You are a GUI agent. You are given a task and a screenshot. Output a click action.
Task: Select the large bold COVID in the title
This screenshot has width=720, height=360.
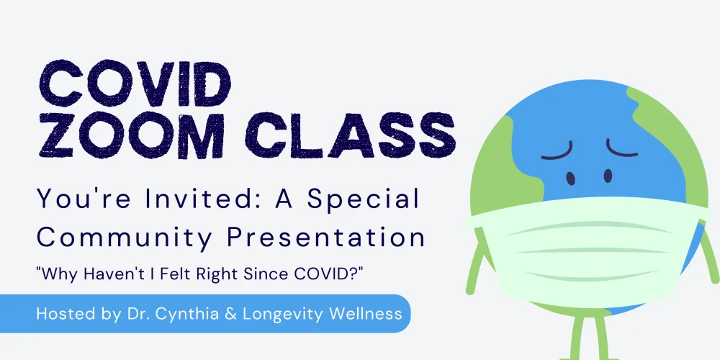[x=135, y=84]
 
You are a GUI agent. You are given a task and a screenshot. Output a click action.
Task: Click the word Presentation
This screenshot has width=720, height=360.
[x=326, y=238]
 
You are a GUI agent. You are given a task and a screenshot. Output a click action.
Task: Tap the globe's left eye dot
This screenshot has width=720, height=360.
[x=571, y=178]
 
